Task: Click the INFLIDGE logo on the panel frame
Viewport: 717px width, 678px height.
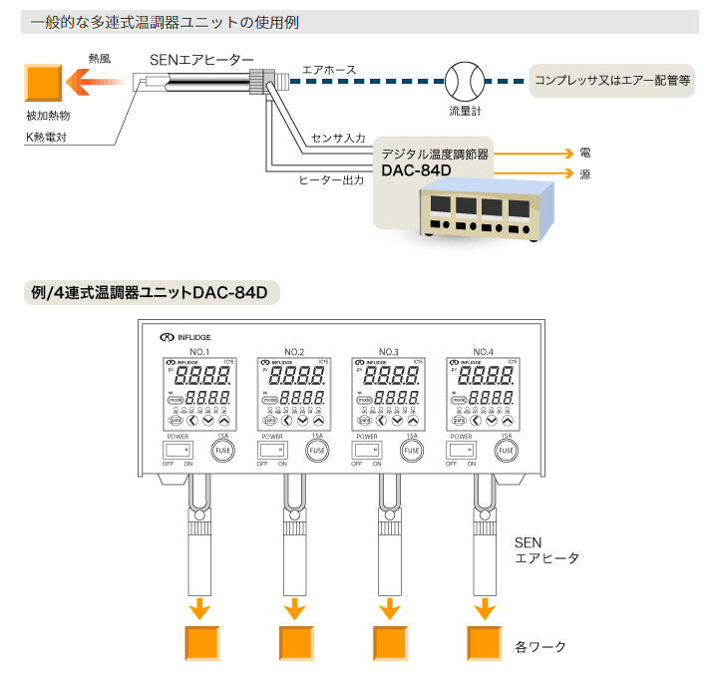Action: point(186,338)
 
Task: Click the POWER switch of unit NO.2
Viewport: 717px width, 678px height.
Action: point(272,451)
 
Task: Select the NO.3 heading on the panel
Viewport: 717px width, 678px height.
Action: point(388,352)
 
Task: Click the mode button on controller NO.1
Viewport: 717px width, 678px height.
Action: point(176,399)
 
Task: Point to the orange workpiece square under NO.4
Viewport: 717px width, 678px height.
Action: point(485,643)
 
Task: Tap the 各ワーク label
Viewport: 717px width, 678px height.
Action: point(540,647)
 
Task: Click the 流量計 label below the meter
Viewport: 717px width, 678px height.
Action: point(464,111)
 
